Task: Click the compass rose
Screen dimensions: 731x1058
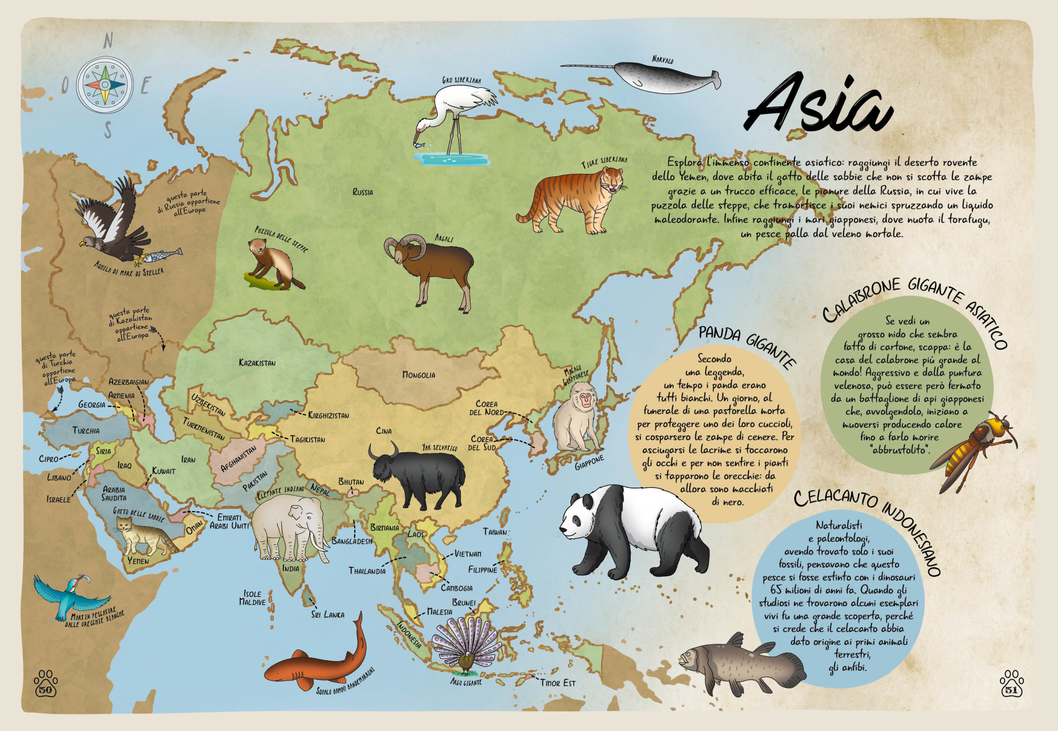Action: click(105, 85)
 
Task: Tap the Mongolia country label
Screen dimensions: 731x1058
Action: click(418, 375)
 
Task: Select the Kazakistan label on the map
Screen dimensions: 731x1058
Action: click(257, 363)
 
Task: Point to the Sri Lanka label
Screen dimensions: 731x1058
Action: click(327, 614)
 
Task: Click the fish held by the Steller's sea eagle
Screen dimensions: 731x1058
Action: click(162, 255)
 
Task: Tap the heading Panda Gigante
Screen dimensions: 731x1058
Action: click(746, 346)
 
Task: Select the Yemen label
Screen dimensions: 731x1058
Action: click(138, 560)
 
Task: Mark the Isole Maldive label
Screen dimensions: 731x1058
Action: click(253, 598)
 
